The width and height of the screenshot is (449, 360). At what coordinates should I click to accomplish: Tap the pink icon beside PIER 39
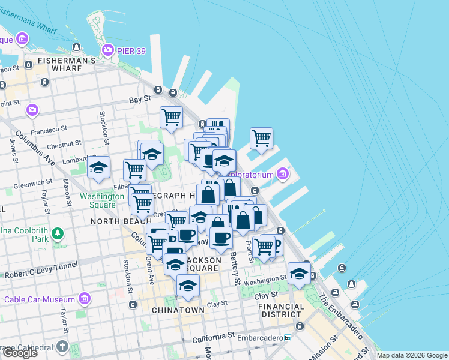click(x=108, y=49)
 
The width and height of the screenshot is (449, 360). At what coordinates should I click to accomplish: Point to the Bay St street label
click(x=139, y=101)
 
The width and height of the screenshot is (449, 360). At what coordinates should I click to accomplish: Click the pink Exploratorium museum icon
click(x=283, y=175)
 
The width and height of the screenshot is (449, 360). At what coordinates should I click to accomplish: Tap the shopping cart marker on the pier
click(x=261, y=138)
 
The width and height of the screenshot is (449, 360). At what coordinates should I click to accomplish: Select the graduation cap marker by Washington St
click(x=299, y=274)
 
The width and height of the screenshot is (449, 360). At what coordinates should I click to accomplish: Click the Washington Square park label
click(x=97, y=200)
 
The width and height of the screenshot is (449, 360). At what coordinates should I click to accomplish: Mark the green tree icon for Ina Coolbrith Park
click(x=58, y=232)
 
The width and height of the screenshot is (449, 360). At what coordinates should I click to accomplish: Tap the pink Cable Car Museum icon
click(x=85, y=298)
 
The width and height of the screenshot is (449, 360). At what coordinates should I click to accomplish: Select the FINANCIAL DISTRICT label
click(x=281, y=310)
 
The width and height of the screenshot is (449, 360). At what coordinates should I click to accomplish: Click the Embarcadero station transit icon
click(x=288, y=338)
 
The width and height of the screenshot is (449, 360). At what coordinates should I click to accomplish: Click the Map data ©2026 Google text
click(x=411, y=355)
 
